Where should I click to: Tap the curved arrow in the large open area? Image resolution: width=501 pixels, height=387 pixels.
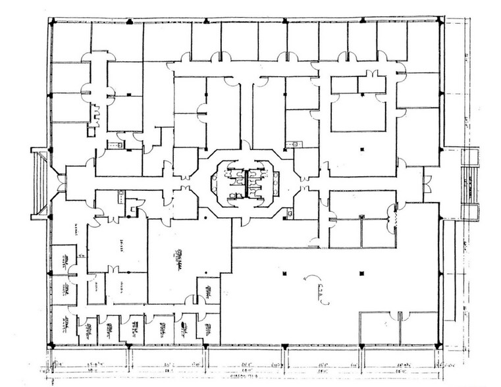click(x=308, y=280)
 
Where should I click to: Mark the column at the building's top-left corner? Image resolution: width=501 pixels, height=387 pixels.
click(x=51, y=22)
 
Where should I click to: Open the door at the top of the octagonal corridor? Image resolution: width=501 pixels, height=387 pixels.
click(x=245, y=145)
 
